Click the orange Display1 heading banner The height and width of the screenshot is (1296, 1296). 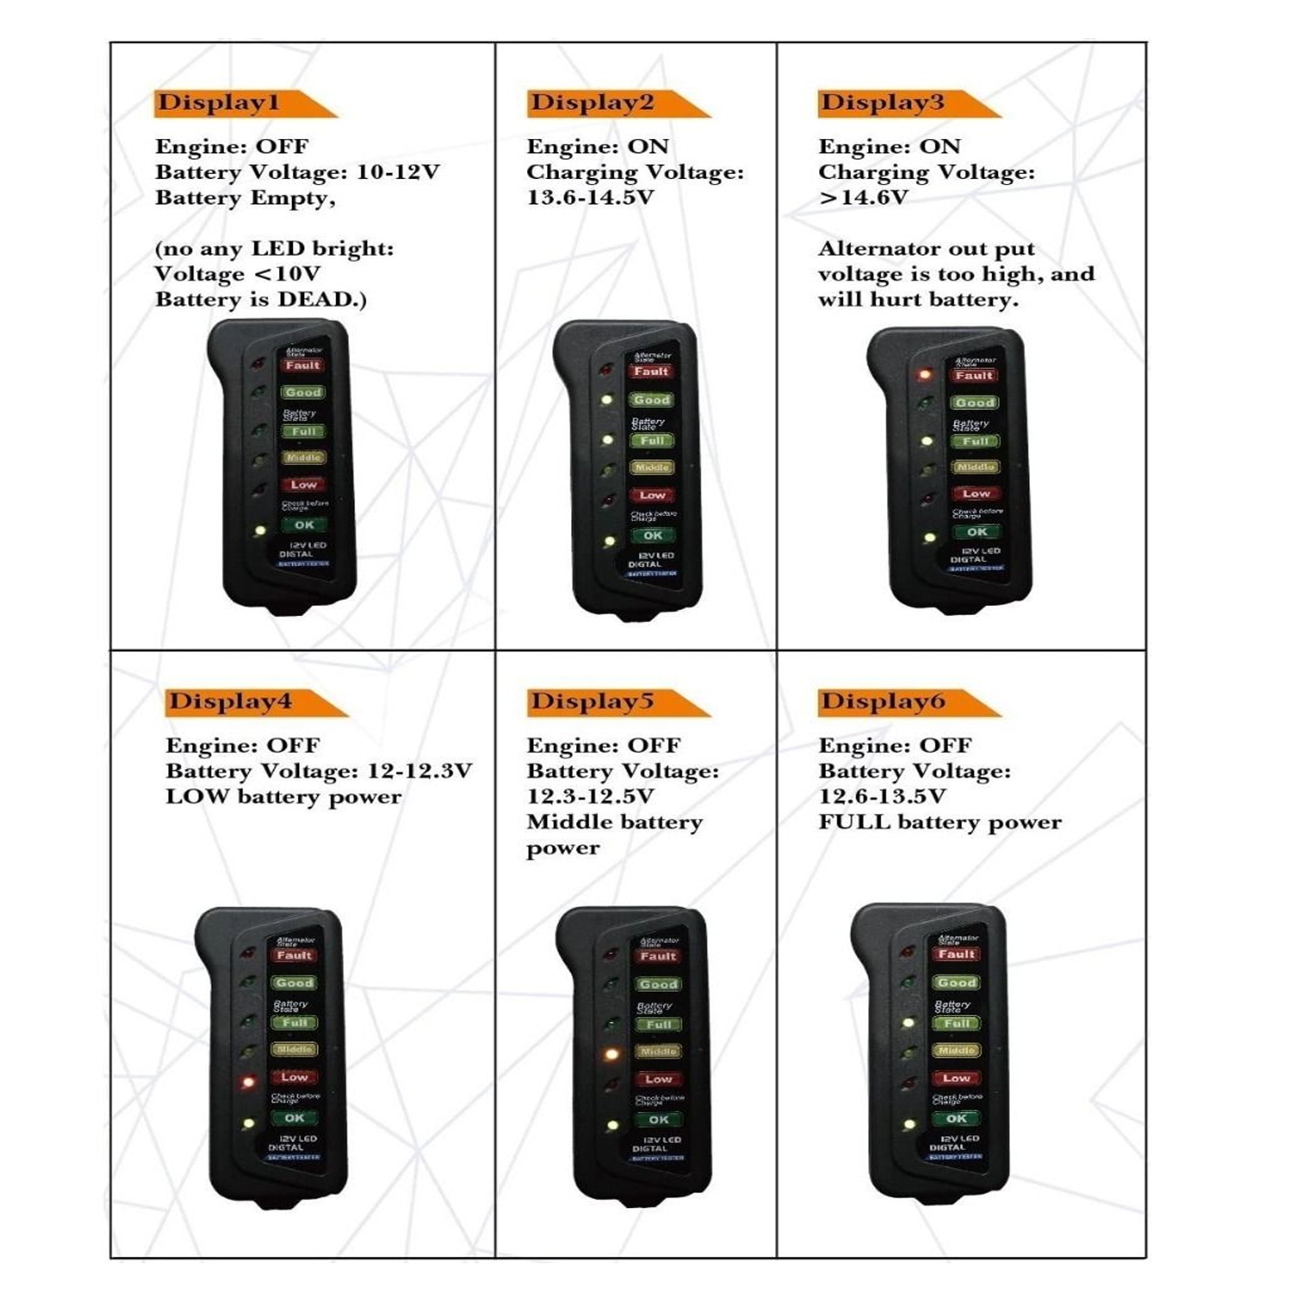(233, 103)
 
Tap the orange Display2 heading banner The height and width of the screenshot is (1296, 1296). (605, 103)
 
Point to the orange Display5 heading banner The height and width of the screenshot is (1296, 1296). (605, 702)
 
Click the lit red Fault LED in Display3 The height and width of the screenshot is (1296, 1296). (924, 375)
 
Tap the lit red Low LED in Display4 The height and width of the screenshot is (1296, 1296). (249, 1081)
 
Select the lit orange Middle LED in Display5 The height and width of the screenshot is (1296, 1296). (612, 1054)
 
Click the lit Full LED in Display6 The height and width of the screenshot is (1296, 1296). (909, 1023)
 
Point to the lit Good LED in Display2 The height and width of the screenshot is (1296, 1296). (607, 400)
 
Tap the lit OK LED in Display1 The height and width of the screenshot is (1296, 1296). (258, 530)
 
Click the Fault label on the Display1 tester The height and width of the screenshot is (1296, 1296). (303, 365)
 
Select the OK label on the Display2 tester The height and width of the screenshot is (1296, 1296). (653, 536)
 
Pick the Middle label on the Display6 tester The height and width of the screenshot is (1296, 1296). (956, 1051)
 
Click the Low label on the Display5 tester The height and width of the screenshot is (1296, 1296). (658, 1079)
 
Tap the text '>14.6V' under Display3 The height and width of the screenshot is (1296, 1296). (863, 198)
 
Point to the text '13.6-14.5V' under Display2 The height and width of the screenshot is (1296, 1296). (590, 198)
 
